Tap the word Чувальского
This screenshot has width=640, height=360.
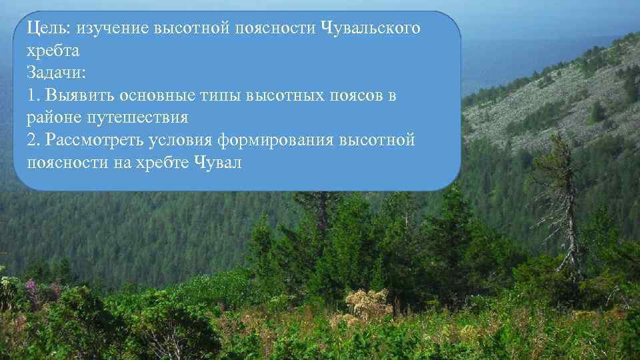tap(371, 29)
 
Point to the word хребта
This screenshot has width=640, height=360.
tap(53, 51)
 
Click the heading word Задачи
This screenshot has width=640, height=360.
tap(54, 73)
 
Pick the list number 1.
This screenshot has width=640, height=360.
tap(32, 95)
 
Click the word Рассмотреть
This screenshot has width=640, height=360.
tap(91, 140)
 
